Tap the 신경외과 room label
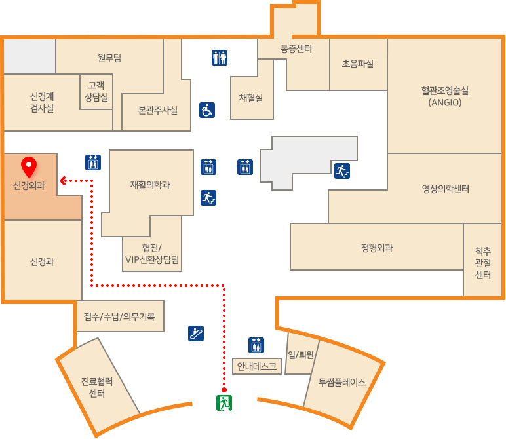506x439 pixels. click(29, 186)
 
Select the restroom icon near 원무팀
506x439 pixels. click(220, 58)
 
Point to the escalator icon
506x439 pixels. click(196, 334)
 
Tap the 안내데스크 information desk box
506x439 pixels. click(258, 366)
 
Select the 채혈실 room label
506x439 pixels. click(251, 98)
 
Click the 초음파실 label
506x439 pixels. click(358, 64)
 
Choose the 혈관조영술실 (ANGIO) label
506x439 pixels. click(445, 96)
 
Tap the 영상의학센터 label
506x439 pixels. click(446, 189)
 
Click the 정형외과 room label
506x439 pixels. click(377, 248)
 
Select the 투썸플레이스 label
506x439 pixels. click(341, 382)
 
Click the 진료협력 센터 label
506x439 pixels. click(98, 387)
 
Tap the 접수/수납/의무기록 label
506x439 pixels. click(119, 317)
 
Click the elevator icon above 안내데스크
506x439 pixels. click(256, 345)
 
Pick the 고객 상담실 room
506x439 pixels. click(96, 90)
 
